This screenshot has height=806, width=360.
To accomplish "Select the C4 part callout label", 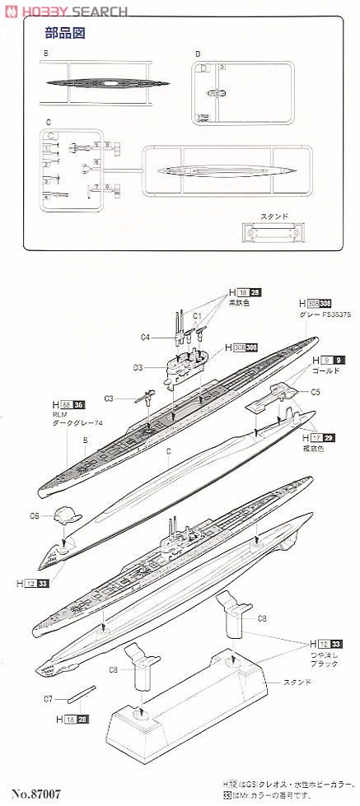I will coord(145,336).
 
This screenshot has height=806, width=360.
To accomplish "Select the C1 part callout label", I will coord(198,314).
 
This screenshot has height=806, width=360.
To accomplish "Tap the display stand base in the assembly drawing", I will coord(189,708).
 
